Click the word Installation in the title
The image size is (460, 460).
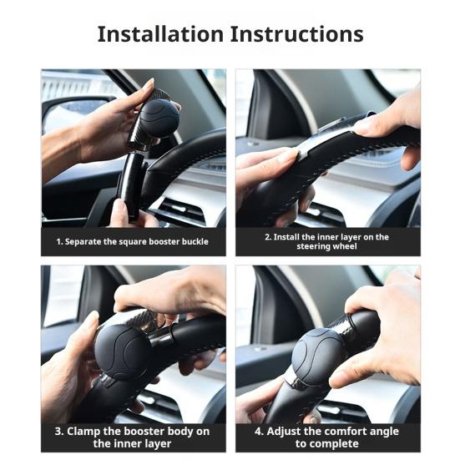[x=160, y=34]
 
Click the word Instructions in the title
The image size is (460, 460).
[x=297, y=34]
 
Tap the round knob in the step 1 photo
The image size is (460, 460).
[x=159, y=119]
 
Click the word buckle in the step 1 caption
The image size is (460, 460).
[x=195, y=241]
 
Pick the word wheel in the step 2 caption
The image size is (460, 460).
[x=346, y=246]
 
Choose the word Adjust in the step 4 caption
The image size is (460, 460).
[x=283, y=432]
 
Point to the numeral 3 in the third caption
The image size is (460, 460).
[x=58, y=432]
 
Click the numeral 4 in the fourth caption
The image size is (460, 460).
[x=258, y=432]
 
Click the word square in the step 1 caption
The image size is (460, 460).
[x=132, y=242]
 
